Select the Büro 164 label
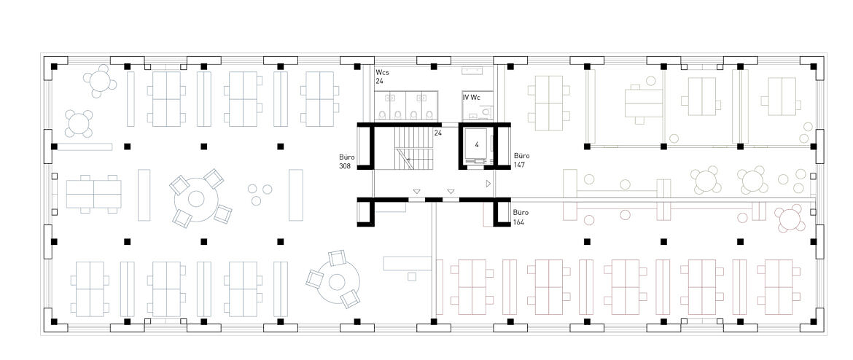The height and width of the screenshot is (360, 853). click(521, 217)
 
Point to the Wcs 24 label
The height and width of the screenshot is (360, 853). click(382, 76)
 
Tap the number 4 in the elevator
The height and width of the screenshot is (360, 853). click(477, 145)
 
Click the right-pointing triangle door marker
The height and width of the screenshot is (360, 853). click(488, 184)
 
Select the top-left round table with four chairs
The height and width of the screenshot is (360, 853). click(100, 81)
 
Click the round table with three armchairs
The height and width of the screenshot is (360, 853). click(337, 282)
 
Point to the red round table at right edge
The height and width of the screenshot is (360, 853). click(790, 219)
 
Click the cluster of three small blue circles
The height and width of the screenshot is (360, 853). click(259, 194)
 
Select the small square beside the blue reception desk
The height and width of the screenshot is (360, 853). click(412, 277)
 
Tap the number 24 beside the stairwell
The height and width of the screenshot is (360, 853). click(437, 132)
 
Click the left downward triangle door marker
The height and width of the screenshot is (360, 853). click(416, 191)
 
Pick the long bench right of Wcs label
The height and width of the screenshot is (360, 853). click(469, 71)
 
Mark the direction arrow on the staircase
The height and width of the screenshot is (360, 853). click(413, 158)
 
